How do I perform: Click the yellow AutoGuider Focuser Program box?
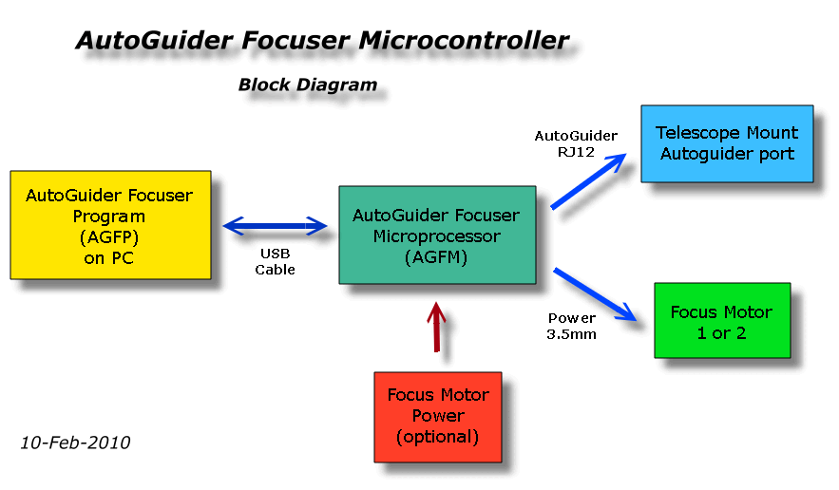pos(110,225)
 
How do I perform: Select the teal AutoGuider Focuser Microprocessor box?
pos(436,235)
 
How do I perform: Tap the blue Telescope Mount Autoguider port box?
pos(727,143)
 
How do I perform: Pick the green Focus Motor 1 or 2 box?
pos(722,320)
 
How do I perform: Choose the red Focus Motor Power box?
pos(438,416)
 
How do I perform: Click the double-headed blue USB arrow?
pos(275,226)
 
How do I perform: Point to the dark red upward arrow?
pos(436,327)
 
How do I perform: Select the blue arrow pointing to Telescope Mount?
pos(589,181)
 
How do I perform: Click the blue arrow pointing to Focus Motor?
pos(594,294)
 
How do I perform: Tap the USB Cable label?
pos(275,262)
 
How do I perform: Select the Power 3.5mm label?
pos(572,326)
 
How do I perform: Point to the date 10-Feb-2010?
pos(75,443)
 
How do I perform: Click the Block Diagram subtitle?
pos(307,85)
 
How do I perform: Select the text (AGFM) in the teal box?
pos(436,255)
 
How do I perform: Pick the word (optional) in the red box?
pos(438,437)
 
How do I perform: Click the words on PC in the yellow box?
pos(108,257)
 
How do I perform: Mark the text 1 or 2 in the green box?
pos(722,332)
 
